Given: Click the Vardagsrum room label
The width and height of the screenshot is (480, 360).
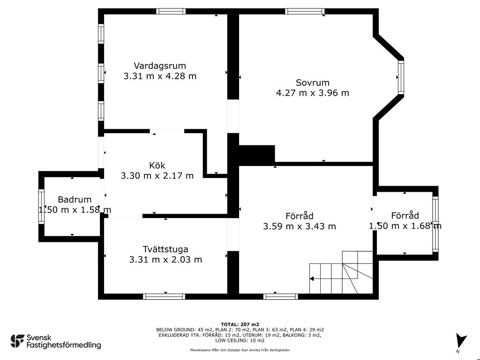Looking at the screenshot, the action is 160,66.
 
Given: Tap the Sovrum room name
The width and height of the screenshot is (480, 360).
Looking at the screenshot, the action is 313,82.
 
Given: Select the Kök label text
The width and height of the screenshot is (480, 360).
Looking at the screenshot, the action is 157,165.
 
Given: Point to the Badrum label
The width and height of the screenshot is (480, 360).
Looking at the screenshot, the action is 75,200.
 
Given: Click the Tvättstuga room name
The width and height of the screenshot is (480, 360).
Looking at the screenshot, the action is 165,249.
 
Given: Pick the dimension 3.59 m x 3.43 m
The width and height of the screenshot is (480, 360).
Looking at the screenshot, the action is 300,226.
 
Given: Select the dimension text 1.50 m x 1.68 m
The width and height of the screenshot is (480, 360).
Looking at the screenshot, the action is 405,226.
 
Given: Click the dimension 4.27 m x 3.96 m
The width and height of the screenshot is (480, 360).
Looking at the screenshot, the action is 313,93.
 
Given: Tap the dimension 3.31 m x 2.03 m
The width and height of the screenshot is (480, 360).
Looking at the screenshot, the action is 165,260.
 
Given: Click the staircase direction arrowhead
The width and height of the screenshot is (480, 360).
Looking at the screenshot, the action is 312,278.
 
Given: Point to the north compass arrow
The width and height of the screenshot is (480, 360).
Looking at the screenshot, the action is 461,340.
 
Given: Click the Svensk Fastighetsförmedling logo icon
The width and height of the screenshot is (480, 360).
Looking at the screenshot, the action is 17,341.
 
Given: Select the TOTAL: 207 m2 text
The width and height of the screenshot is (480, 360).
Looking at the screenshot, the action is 240,324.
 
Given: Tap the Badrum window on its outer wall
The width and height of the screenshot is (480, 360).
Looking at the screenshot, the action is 41,206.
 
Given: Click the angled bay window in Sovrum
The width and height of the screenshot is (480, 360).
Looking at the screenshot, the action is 401,77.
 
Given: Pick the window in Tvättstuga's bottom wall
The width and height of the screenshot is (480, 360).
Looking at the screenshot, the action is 164,296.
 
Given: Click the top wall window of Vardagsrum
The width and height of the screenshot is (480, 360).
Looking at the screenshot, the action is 171,11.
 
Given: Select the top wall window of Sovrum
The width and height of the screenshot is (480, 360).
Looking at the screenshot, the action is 305,11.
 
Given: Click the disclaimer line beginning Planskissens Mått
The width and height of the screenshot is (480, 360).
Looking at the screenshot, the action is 240,350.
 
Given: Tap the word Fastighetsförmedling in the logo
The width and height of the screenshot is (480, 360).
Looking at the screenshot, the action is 64,345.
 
